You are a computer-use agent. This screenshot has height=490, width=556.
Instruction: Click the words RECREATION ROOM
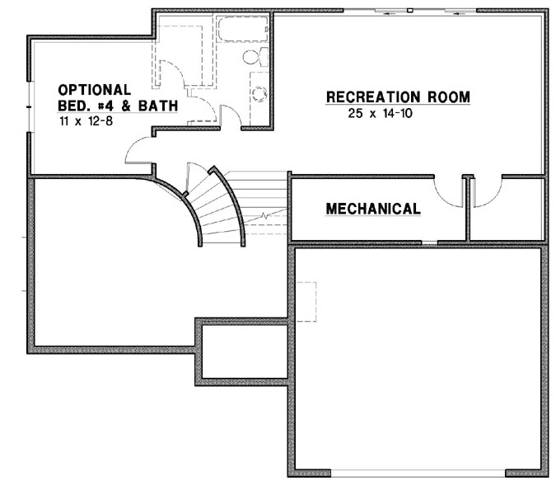pos(398,97)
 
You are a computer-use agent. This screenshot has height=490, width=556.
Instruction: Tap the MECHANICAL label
pos(373,210)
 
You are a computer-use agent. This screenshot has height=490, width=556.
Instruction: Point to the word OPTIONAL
pos(94,89)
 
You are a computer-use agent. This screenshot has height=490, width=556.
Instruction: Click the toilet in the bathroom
pos(255,57)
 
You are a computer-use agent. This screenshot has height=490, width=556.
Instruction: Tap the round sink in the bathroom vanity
pos(259,93)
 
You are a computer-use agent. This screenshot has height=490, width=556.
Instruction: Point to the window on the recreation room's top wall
pos(409,11)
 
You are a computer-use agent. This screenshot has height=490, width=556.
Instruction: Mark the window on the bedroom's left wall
pos(30,107)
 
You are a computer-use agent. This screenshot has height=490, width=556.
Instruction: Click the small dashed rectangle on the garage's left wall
pos(306,302)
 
